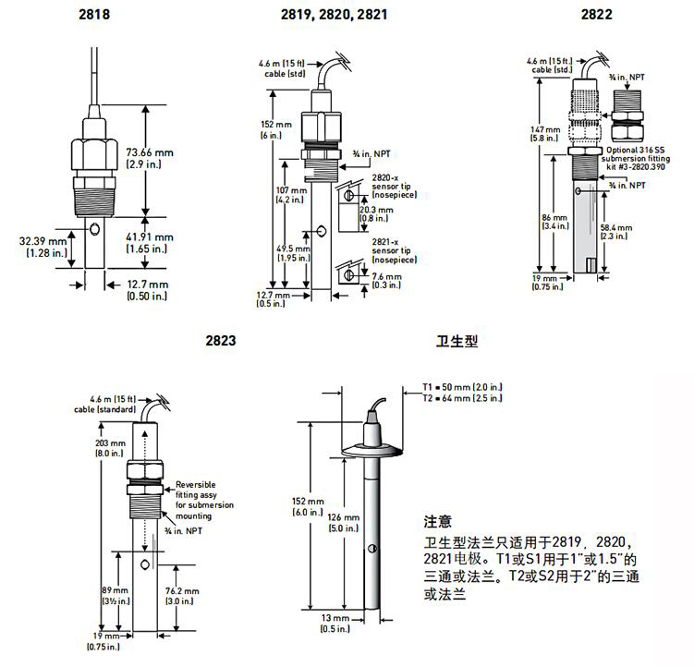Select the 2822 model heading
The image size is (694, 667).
click(x=596, y=16)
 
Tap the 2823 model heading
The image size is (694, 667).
click(x=221, y=341)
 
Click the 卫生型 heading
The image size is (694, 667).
click(x=456, y=341)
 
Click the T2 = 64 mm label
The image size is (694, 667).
click(x=461, y=398)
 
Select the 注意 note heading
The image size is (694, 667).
click(x=437, y=523)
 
